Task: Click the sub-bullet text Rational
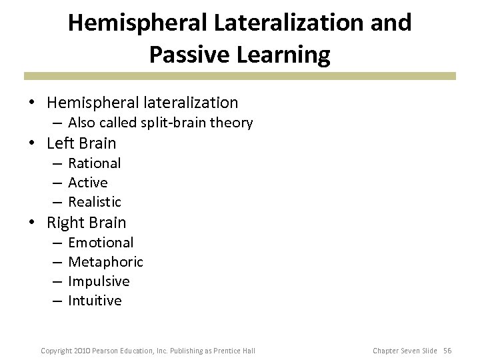(x=95, y=163)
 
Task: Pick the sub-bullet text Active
(x=88, y=183)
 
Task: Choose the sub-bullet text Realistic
(x=95, y=202)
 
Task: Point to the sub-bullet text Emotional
(x=101, y=243)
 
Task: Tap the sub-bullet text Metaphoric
(x=105, y=262)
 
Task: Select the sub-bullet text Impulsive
(x=99, y=281)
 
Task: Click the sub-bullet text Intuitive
(x=95, y=301)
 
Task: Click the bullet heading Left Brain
(x=81, y=143)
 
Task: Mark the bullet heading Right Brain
(x=86, y=223)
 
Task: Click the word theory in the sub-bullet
(x=233, y=123)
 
